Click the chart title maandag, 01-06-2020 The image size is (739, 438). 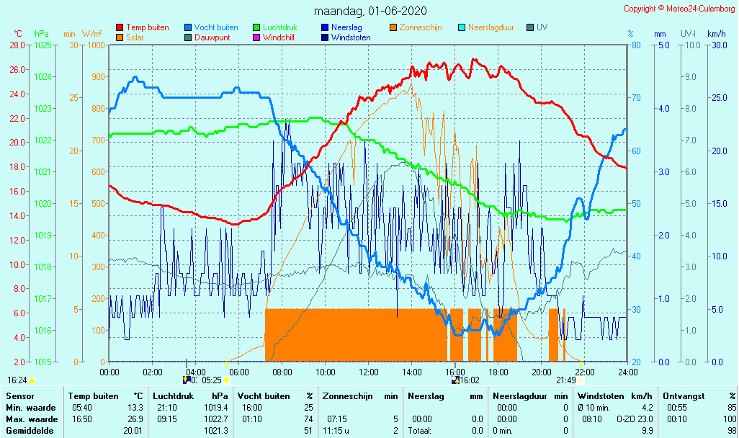[x=370, y=11]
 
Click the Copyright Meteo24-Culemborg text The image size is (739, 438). [x=679, y=9]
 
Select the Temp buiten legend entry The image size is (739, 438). [x=147, y=27]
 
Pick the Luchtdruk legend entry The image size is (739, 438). [x=284, y=27]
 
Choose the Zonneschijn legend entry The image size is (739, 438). [x=421, y=27]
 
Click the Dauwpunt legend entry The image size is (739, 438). [x=212, y=37]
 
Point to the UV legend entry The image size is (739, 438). [x=542, y=27]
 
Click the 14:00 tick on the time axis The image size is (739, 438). [x=412, y=372]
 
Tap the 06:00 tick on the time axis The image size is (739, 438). [x=239, y=372]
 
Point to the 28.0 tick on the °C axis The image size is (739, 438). [x=17, y=45]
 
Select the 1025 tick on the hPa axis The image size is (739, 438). [x=42, y=45]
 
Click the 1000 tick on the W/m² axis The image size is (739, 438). [x=96, y=45]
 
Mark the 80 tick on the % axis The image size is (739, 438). [x=637, y=45]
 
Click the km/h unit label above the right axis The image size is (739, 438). [x=716, y=34]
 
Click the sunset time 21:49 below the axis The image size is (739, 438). [x=565, y=380]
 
